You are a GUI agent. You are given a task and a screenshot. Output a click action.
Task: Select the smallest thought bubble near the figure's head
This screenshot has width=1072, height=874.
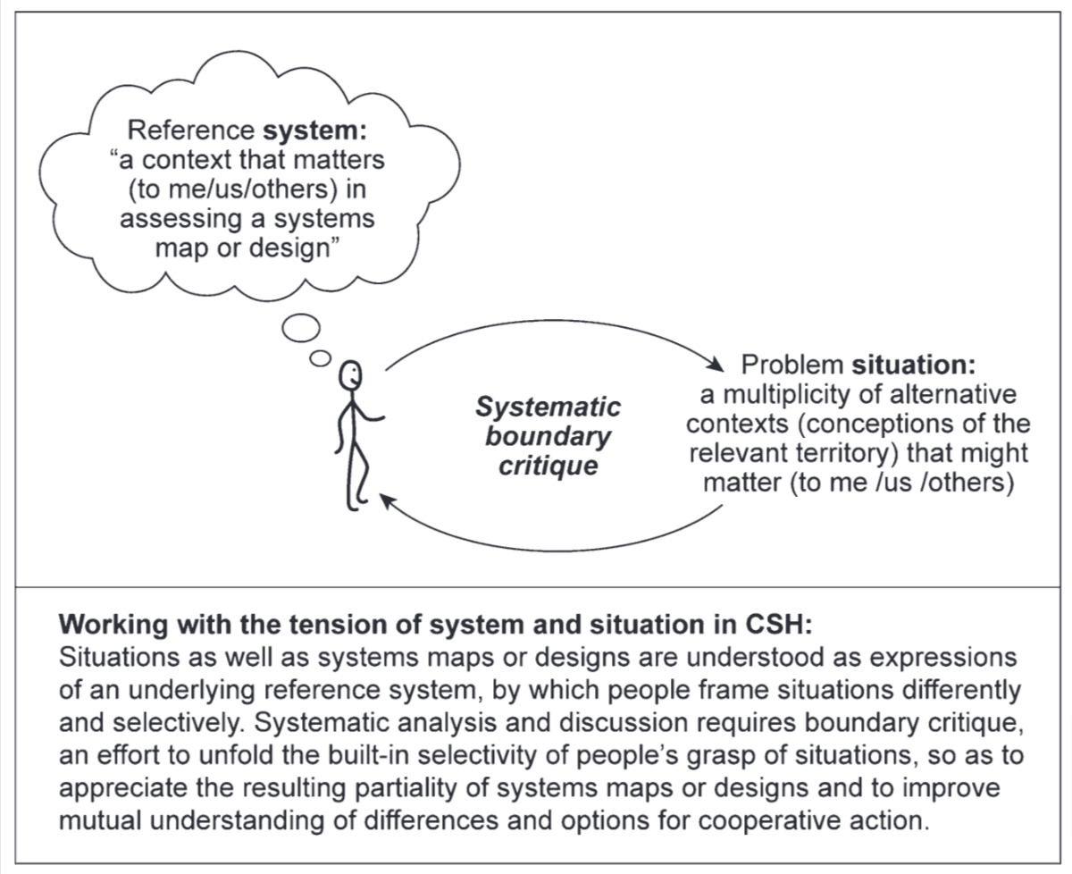coord(320,357)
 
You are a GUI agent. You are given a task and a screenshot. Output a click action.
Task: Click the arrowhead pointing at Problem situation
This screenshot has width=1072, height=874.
coord(716,366)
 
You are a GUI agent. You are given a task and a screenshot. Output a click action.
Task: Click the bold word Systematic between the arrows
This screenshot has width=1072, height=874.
coord(548,408)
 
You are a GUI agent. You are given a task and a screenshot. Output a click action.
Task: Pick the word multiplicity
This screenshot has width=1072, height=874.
coord(793,395)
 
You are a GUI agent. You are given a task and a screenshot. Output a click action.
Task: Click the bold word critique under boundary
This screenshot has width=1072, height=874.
coord(548,466)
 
